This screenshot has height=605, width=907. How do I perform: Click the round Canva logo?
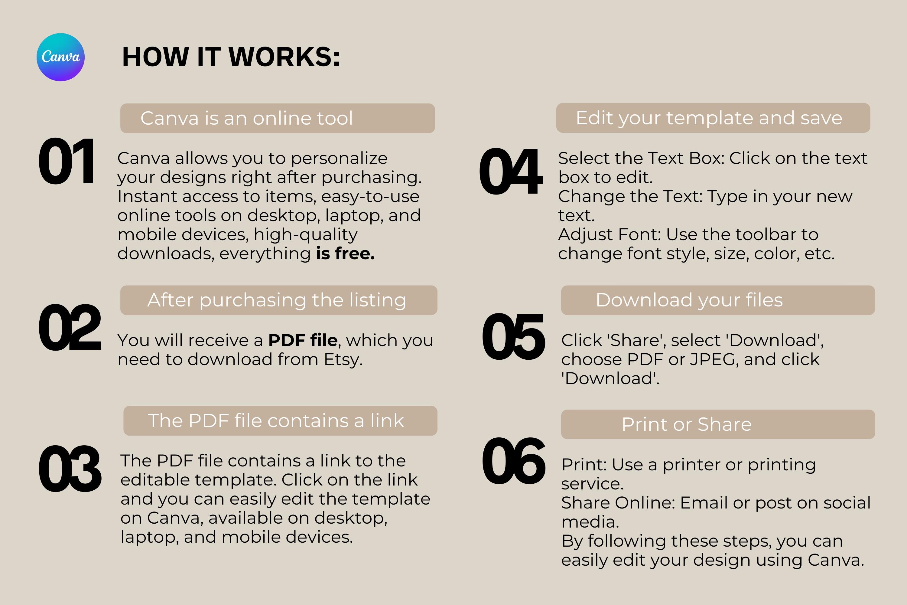60,57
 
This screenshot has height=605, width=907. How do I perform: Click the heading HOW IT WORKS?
231,57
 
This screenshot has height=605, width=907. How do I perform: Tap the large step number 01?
66,161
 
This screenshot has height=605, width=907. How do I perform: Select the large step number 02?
70,327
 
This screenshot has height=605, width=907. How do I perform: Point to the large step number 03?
70,468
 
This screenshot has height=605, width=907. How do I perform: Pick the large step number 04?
511,171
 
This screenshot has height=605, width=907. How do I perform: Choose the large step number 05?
513,336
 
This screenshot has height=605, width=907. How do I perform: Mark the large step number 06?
514,461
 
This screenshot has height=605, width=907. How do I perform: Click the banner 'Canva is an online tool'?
278,118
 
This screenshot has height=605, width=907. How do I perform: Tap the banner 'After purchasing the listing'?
279,300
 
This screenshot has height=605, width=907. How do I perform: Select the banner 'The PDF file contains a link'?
280,420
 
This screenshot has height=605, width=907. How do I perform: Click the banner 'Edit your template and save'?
713,118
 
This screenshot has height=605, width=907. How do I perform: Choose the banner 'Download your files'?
718,300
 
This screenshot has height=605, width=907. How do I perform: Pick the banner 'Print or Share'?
718,424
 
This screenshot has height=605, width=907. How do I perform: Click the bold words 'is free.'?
345,253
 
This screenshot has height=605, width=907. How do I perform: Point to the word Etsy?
343,360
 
